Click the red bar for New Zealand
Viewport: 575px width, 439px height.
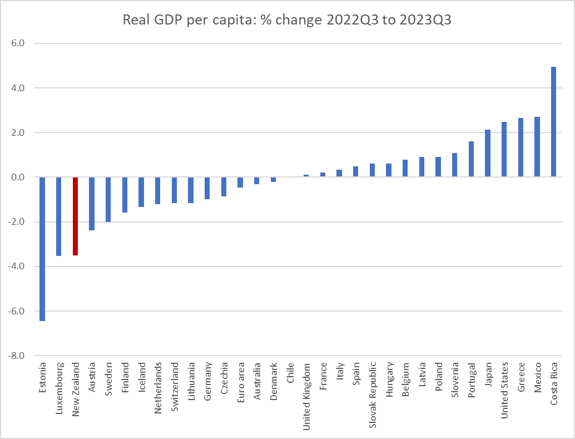pyautogui.click(x=75, y=216)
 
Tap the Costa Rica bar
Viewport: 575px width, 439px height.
pyautogui.click(x=553, y=122)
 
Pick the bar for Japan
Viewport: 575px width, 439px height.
pyautogui.click(x=488, y=154)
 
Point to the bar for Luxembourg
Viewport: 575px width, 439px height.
pyautogui.click(x=59, y=216)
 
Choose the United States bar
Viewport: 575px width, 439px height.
pyautogui.click(x=504, y=149)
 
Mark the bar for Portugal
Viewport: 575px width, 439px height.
pyautogui.click(x=471, y=159)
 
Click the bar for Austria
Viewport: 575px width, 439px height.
pyautogui.click(x=92, y=204)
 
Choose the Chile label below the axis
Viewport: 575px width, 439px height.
pyautogui.click(x=290, y=373)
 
